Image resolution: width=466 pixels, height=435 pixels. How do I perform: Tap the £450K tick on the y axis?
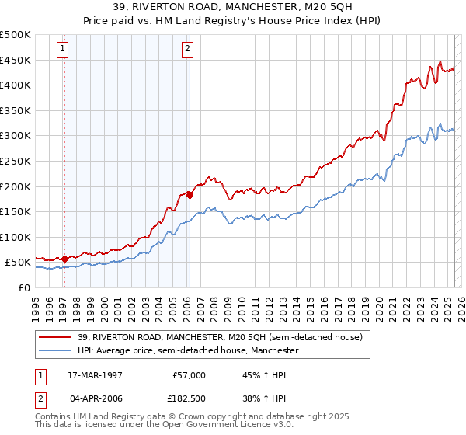click(x=16, y=60)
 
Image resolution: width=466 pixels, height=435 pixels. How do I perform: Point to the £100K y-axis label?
click(x=16, y=237)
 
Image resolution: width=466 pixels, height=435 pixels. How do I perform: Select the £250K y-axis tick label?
click(x=16, y=161)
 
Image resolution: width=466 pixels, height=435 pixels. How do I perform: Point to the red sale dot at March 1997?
click(x=64, y=259)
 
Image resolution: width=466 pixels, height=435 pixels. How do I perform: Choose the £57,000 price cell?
click(x=189, y=374)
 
